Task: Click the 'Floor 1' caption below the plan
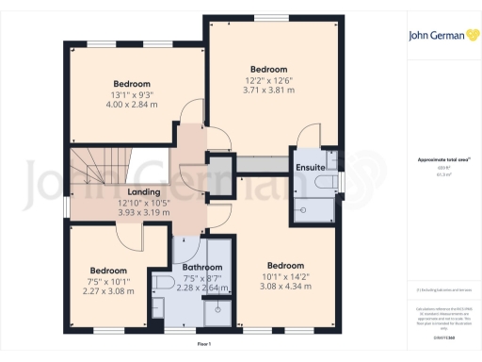(x=204, y=345)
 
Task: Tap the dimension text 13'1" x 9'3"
(x=132, y=94)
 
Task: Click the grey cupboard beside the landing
(x=219, y=173)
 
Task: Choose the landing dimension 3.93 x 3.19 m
(x=144, y=213)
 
